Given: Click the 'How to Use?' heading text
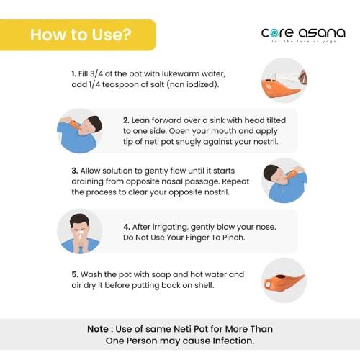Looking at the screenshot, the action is [81, 35].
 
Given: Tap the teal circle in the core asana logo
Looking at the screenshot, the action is [274, 33].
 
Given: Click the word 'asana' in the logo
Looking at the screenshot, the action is [322, 33].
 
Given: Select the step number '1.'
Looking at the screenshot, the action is [74, 73].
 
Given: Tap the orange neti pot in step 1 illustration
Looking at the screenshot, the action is [281, 88].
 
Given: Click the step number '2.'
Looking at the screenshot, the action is [126, 120].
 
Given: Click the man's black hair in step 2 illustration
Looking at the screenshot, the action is [96, 123].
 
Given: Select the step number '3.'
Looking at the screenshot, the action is [75, 171].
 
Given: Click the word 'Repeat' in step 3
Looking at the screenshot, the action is [235, 181].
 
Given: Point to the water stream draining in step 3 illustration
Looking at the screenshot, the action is [282, 189].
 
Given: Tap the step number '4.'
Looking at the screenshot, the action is [127, 227].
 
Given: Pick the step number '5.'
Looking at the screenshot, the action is [75, 274].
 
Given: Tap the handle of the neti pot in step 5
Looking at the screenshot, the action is [268, 284].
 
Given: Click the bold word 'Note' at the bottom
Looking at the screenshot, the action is [98, 329].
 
